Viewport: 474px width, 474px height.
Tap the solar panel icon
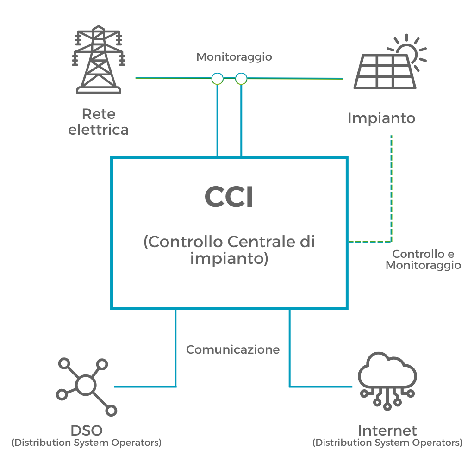pos(384,72)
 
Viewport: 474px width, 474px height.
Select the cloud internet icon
pos(388,380)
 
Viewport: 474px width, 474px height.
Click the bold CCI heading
pos(229,198)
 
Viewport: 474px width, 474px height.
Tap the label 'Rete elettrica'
pos(98,122)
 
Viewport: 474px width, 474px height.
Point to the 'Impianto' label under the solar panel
pos(381,118)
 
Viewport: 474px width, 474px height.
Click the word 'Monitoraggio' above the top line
pos(234,57)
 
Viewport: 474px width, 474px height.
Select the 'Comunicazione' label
pos(233,349)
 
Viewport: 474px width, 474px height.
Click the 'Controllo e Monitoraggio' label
pos(423,260)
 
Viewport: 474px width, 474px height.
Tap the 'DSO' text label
pos(87,430)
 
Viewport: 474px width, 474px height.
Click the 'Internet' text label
pos(387,430)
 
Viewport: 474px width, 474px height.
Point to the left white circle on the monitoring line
pos(217,79)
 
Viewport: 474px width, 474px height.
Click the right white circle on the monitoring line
pos(241,79)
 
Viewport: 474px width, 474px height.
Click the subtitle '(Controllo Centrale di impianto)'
pos(229,250)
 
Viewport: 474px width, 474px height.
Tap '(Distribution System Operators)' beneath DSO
pos(87,443)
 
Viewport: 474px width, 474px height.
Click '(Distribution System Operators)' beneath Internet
pos(387,443)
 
